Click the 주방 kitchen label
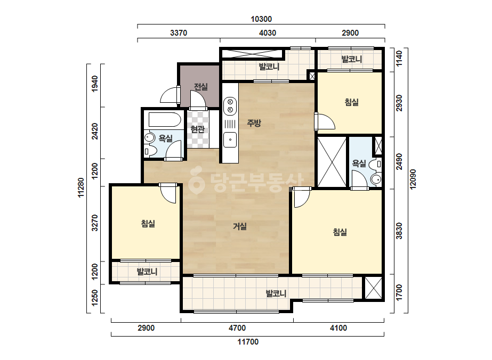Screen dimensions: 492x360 coord(254,123)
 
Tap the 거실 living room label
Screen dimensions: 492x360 coord(240,226)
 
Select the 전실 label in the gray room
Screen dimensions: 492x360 coord(201,87)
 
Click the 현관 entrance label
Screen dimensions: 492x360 coord(198,129)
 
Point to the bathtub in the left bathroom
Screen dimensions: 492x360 coord(165,120)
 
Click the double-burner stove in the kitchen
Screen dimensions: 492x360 coord(230,105)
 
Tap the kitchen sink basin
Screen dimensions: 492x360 coord(230,140)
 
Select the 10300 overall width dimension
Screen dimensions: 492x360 coord(261,19)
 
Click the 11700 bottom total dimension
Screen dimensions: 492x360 coord(248,341)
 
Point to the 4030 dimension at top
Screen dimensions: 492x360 coord(268,33)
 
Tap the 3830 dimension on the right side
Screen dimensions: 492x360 coord(399,231)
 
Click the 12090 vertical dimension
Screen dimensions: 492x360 coord(413,179)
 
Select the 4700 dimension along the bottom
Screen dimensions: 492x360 coord(237,328)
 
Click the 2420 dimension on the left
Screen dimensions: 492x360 coord(94,132)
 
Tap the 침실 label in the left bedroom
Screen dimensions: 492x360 coord(148,224)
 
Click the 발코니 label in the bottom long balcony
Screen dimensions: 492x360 coord(276,293)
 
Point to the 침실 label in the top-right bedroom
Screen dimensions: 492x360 coord(351,102)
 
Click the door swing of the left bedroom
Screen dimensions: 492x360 coord(169,194)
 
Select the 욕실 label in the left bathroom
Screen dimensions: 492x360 coord(165,138)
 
